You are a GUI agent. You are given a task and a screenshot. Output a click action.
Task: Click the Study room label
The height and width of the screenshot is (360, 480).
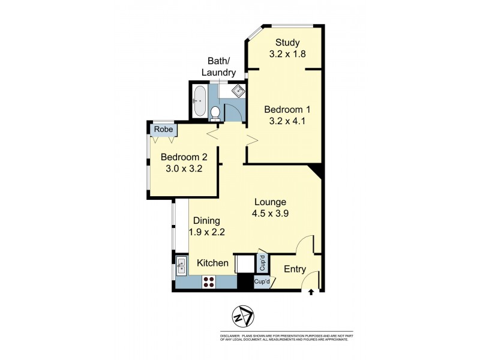coord(287,42)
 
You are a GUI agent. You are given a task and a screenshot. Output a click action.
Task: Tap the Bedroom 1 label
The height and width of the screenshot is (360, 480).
coord(287,110)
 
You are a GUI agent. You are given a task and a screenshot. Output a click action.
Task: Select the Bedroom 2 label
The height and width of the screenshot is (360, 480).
coord(184,157)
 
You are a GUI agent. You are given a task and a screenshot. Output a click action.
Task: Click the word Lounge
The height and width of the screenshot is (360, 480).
coord(269,202)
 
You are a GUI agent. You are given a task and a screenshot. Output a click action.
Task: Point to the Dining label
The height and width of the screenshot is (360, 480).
coord(206,221)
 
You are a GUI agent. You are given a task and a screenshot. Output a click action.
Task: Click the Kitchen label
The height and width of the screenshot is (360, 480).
coord(213,263)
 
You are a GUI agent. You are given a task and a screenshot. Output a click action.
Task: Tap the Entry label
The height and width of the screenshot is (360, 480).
coord(295,269)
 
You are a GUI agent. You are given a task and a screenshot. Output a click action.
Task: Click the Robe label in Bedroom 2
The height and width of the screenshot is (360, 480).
coord(163,129)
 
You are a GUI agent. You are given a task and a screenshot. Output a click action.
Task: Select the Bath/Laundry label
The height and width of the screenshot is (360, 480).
coord(218,67)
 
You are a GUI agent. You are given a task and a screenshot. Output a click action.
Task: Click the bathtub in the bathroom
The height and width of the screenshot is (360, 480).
coord(200,101)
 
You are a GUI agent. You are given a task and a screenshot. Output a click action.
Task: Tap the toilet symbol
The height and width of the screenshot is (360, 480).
coord(215,112)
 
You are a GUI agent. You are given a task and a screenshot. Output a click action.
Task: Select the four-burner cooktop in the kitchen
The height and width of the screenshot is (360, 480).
coord(209,282)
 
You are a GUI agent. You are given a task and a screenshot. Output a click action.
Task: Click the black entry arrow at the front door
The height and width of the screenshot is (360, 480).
coord(311,293)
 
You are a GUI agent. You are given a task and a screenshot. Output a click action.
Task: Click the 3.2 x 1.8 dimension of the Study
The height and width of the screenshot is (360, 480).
coord(287,53)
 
